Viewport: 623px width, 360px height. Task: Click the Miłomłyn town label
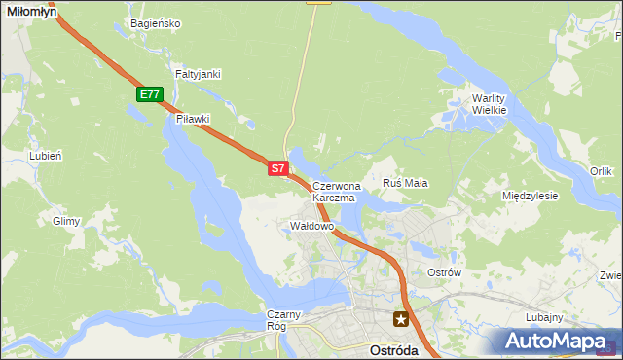pyautogui.click(x=30, y=9)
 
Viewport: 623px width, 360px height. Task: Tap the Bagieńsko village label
pyautogui.click(x=155, y=23)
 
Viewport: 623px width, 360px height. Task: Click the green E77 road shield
pyautogui.click(x=149, y=94)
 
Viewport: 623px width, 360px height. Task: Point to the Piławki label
pyautogui.click(x=193, y=119)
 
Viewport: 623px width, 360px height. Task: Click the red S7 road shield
pyautogui.click(x=277, y=168)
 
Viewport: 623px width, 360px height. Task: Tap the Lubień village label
pyautogui.click(x=46, y=155)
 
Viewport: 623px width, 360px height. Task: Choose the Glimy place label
pyautogui.click(x=66, y=221)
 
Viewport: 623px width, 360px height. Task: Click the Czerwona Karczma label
pyautogui.click(x=336, y=191)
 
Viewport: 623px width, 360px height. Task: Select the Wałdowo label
pyautogui.click(x=312, y=226)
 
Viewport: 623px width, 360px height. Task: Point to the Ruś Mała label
pyautogui.click(x=405, y=183)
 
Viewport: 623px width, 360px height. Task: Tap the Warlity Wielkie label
pyautogui.click(x=490, y=104)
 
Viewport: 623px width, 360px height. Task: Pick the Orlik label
pyautogui.click(x=601, y=171)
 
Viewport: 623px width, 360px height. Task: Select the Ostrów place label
pyautogui.click(x=444, y=272)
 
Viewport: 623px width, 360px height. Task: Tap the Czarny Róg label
pyautogui.click(x=286, y=320)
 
